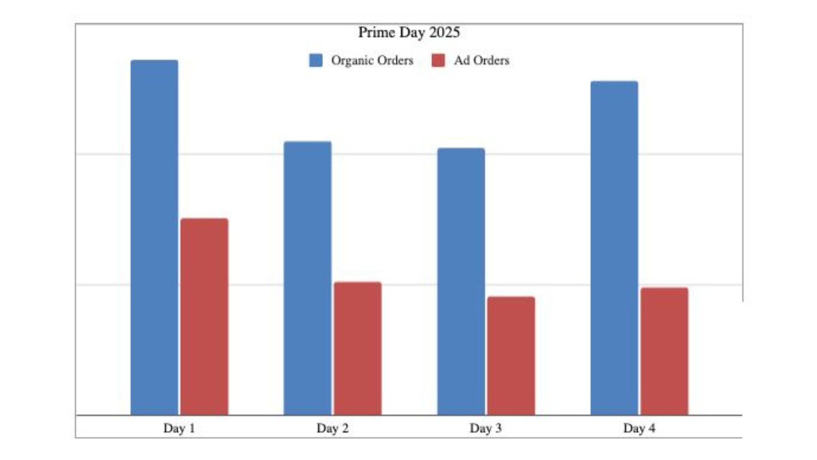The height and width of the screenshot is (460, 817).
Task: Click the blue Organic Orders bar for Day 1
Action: click(x=154, y=237)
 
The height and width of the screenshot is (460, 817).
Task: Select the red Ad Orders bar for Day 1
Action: click(x=204, y=316)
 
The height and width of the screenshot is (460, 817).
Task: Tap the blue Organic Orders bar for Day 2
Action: click(x=308, y=278)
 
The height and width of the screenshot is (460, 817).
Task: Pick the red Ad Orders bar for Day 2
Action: click(x=357, y=348)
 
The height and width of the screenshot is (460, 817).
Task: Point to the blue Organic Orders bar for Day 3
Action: click(x=461, y=281)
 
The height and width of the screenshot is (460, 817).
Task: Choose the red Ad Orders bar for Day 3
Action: click(x=511, y=356)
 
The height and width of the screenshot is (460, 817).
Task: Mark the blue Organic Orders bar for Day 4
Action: click(x=614, y=248)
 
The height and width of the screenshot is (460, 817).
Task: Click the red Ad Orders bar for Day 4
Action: click(x=664, y=351)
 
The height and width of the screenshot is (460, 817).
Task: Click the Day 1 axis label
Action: click(x=179, y=428)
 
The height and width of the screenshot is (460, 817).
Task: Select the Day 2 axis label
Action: click(x=332, y=428)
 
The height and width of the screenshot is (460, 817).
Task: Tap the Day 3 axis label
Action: click(x=486, y=428)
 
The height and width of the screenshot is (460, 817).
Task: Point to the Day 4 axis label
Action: click(x=639, y=428)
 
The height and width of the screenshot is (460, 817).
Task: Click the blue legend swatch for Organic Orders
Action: click(x=316, y=60)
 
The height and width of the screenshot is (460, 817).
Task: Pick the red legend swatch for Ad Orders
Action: click(x=438, y=60)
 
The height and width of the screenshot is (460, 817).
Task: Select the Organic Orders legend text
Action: click(x=372, y=60)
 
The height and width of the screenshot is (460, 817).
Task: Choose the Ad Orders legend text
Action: click(x=482, y=60)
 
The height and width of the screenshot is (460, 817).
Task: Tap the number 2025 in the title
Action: click(x=444, y=32)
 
